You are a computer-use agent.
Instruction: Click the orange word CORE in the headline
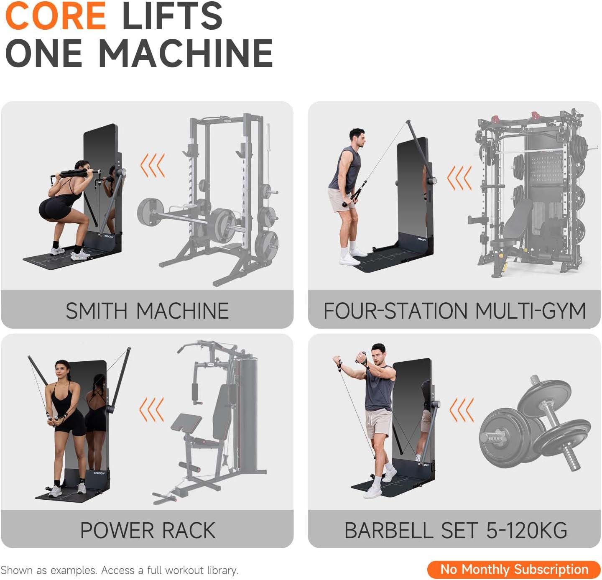[x=56, y=16]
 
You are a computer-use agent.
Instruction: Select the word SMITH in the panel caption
[x=97, y=311]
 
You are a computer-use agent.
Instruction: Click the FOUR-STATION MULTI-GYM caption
[x=454, y=311]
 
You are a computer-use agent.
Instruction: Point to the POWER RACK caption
[x=148, y=530]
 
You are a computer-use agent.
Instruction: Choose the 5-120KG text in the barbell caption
[x=527, y=530]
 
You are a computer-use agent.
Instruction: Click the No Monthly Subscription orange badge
[x=514, y=570]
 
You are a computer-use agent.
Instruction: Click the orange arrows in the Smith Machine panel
[x=153, y=165]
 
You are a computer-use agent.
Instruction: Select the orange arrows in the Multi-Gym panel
[x=459, y=178]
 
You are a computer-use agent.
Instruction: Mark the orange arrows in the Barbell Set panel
[x=462, y=410]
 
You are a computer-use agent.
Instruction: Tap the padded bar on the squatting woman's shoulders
[x=74, y=173]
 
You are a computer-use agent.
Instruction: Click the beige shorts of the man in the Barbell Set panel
[x=378, y=423]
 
